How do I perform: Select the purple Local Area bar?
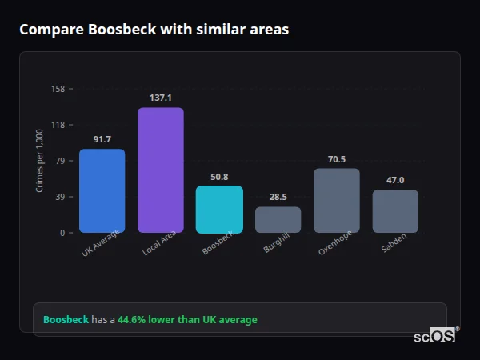tap(161, 170)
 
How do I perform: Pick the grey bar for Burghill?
tap(278, 219)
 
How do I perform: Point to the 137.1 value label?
tap(161, 98)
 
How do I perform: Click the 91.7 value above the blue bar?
tap(102, 139)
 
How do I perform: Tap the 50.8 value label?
tap(219, 177)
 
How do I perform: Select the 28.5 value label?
tap(278, 197)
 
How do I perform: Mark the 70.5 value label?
tap(337, 159)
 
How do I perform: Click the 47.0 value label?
tap(395, 180)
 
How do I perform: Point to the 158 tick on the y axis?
tap(58, 89)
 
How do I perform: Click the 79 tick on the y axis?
tap(60, 161)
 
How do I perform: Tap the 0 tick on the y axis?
tap(62, 233)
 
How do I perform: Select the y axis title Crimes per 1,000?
tap(40, 161)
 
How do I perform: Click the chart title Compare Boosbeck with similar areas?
tap(154, 30)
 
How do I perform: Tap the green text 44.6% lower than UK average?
tap(187, 319)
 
